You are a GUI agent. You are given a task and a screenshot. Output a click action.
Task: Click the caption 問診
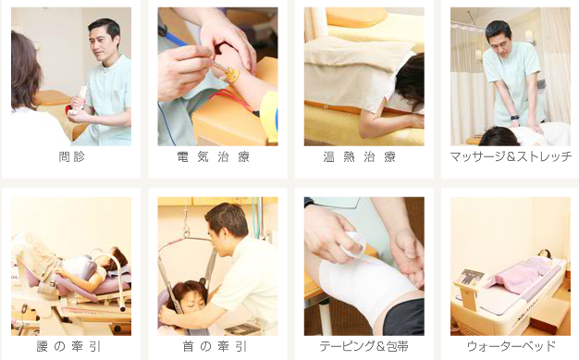point(71,156)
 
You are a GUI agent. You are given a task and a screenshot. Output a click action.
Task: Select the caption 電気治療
point(214,156)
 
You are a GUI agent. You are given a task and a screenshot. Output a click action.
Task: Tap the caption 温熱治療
point(360,156)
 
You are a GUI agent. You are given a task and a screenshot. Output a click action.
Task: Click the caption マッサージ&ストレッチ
point(511,156)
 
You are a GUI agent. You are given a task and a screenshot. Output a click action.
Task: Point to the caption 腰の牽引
point(68,346)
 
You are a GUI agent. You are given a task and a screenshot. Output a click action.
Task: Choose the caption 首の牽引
point(215,346)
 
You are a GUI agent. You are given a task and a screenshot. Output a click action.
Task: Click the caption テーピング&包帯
point(364,346)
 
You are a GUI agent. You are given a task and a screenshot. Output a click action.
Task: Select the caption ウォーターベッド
point(511,346)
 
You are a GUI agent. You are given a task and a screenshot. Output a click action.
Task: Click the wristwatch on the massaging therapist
point(515,118)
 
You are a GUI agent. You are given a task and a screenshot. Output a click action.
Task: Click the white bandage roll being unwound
point(354,243)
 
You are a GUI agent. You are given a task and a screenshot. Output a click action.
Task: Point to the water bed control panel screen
point(471,276)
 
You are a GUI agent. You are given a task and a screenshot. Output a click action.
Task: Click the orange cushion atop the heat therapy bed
point(356,17)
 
